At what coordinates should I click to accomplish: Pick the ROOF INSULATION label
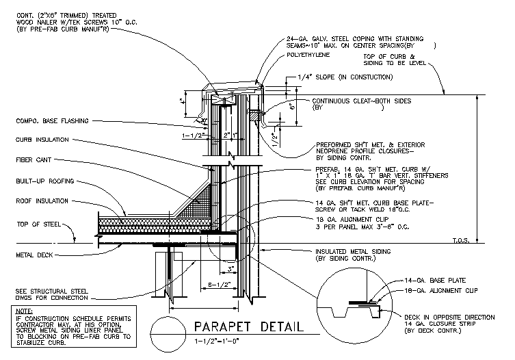(x=42, y=201)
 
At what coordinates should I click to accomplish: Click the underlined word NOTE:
(x=23, y=311)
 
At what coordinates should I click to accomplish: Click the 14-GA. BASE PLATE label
(x=445, y=281)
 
